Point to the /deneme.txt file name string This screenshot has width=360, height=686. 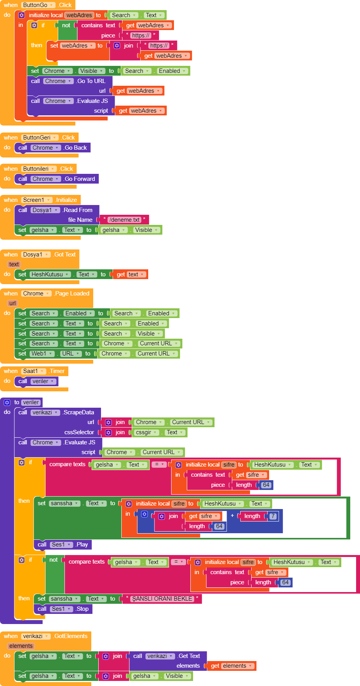point(124,220)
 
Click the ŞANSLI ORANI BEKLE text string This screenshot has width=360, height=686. point(162,599)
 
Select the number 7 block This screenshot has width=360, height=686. point(273,516)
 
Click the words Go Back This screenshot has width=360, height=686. point(76,148)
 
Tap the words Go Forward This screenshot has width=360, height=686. point(80,179)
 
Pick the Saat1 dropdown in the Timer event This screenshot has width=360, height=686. point(34,371)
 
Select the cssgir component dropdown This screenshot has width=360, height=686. point(146,432)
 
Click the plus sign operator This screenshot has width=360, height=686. point(232,516)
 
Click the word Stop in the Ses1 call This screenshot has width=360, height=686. point(82,609)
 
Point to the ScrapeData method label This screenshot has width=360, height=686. point(79,412)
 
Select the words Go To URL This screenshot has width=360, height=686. point(91,81)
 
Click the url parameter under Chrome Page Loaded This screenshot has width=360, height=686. point(12,303)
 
